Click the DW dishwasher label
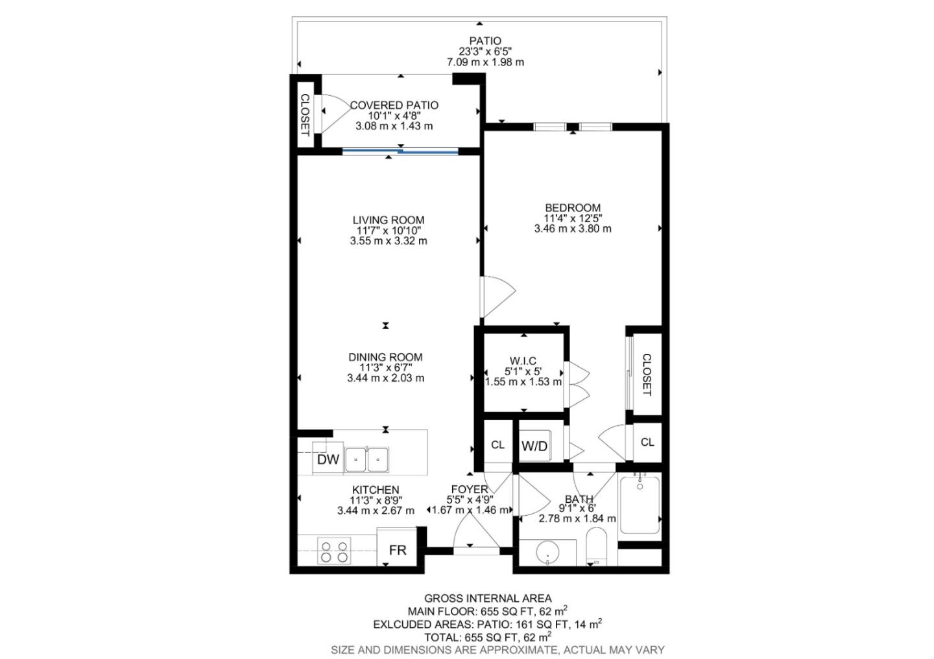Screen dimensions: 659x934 point(328,459)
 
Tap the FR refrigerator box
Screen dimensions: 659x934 point(397,549)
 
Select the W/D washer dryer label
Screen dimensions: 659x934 point(534,446)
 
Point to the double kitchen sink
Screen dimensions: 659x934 point(366,460)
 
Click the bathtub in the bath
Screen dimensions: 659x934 point(639,505)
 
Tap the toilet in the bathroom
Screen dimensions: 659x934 point(595,546)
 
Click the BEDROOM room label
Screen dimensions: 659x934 point(572,208)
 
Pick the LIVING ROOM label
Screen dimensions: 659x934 point(389,220)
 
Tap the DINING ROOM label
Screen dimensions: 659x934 point(385,357)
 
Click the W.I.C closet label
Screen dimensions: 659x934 point(523,361)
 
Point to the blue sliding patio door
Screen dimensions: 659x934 point(400,152)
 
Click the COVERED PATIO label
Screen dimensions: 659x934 point(394,105)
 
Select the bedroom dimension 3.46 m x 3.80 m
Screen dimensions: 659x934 point(572,229)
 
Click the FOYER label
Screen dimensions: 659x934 point(469,489)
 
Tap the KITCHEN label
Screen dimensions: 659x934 point(376,490)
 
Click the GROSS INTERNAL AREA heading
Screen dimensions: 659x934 point(488,599)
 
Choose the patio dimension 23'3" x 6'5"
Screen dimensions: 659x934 point(485,52)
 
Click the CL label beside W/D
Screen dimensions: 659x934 point(497,445)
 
